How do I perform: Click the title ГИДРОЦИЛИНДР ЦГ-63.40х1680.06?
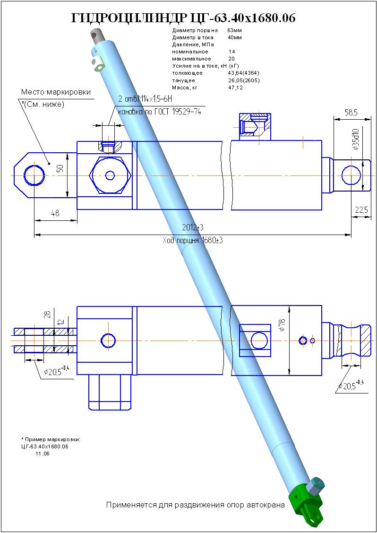(183, 18)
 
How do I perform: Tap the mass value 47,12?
(235, 87)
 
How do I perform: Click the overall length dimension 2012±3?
(193, 227)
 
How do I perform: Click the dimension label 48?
(55, 213)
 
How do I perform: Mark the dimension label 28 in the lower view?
(47, 315)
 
